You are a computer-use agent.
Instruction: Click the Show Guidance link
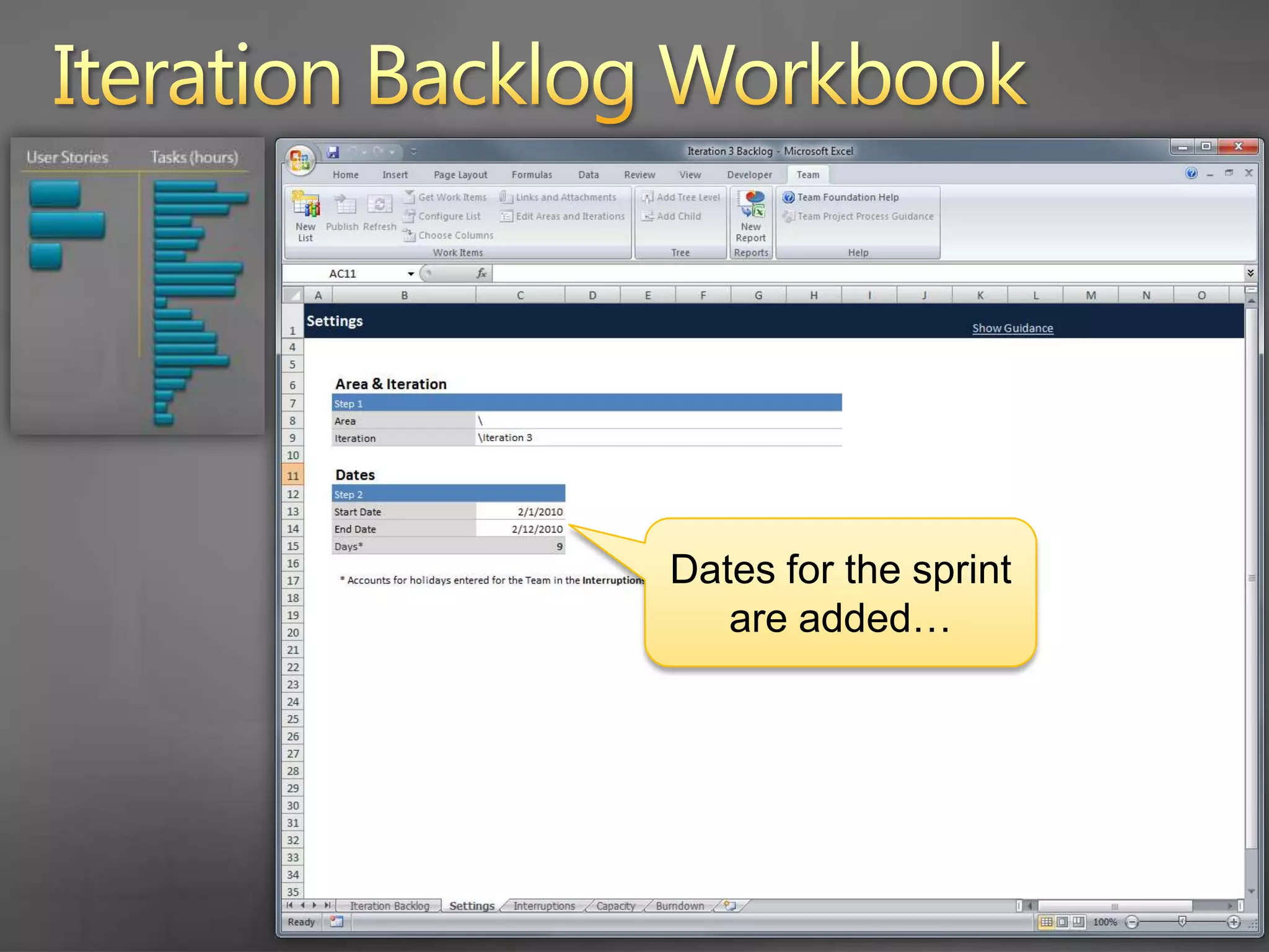point(1012,328)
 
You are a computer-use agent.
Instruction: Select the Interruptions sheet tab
point(543,906)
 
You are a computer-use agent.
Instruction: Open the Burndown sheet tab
point(679,906)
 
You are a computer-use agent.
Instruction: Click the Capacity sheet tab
point(615,906)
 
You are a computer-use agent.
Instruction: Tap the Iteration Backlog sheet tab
point(389,906)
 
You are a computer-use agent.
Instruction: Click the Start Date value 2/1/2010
point(540,512)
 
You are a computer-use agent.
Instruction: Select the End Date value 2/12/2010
point(537,529)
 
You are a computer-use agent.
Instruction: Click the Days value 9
point(559,547)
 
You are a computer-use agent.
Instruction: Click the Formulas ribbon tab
point(531,175)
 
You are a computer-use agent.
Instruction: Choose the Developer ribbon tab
point(749,175)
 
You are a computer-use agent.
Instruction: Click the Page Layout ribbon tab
point(460,175)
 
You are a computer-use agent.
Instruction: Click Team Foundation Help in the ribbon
point(847,197)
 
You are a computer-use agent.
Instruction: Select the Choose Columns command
point(455,236)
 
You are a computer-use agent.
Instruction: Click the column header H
point(813,296)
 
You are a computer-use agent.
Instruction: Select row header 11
point(292,476)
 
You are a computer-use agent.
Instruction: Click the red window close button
point(1238,147)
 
